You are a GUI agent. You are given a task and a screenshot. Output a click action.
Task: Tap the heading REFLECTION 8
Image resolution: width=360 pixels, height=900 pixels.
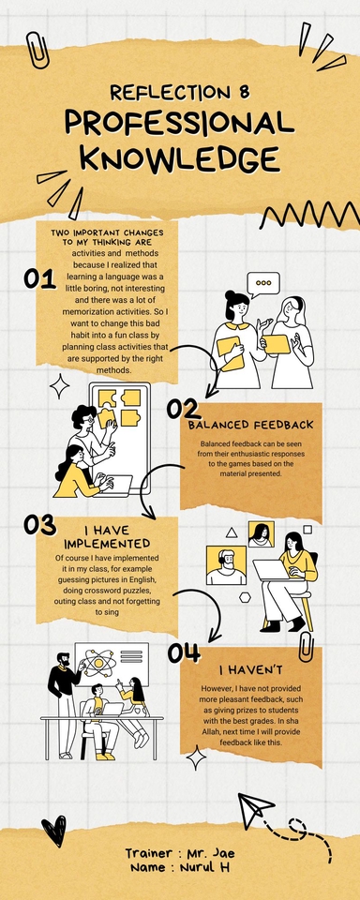click(180, 92)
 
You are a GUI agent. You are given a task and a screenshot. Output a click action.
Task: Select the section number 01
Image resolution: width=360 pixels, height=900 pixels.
click(39, 278)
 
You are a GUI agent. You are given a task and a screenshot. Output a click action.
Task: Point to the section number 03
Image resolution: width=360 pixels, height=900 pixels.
click(40, 526)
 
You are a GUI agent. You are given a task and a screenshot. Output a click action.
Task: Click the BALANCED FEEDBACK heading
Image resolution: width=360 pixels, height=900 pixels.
click(250, 425)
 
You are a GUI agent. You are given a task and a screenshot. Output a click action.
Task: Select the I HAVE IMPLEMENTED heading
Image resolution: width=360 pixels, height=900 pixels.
click(106, 537)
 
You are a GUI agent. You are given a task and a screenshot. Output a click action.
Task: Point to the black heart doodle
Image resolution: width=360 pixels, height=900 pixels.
click(54, 829)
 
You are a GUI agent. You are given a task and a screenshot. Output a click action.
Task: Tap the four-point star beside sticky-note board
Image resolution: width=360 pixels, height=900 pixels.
click(60, 386)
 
